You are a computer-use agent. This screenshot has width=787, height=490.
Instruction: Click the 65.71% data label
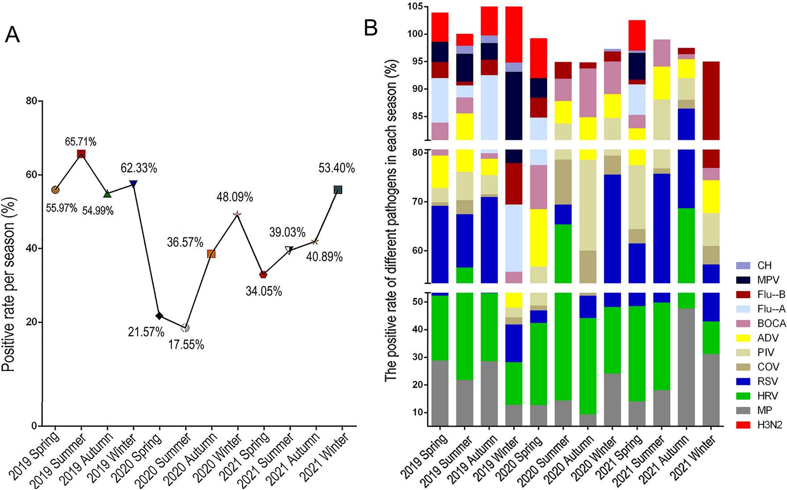pyautogui.click(x=80, y=142)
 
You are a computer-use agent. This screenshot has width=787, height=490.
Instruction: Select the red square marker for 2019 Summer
pyautogui.click(x=81, y=154)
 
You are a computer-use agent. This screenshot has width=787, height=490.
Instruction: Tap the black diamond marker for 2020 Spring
pyautogui.click(x=159, y=316)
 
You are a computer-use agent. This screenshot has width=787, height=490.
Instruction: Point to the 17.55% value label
pyautogui.click(x=186, y=345)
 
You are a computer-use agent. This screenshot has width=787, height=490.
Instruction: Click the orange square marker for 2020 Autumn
pyautogui.click(x=211, y=254)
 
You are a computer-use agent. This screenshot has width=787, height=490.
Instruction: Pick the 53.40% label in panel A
pyautogui.click(x=336, y=168)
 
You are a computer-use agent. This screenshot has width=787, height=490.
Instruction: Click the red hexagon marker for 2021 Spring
pyautogui.click(x=263, y=275)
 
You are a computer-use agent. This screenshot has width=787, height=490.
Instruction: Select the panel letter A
pyautogui.click(x=12, y=34)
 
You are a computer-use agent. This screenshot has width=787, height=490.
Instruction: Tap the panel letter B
pyautogui.click(x=371, y=28)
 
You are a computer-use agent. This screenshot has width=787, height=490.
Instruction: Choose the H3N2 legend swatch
pyautogui.click(x=743, y=425)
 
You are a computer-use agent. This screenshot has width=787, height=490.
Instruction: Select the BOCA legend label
pyautogui.click(x=771, y=323)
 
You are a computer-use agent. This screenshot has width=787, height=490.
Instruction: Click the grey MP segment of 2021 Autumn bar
pyautogui.click(x=686, y=367)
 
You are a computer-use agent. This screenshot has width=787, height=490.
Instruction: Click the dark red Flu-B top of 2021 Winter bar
pyautogui.click(x=711, y=101)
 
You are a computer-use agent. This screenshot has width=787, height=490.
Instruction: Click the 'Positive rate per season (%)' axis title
pyautogui.click(x=9, y=284)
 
